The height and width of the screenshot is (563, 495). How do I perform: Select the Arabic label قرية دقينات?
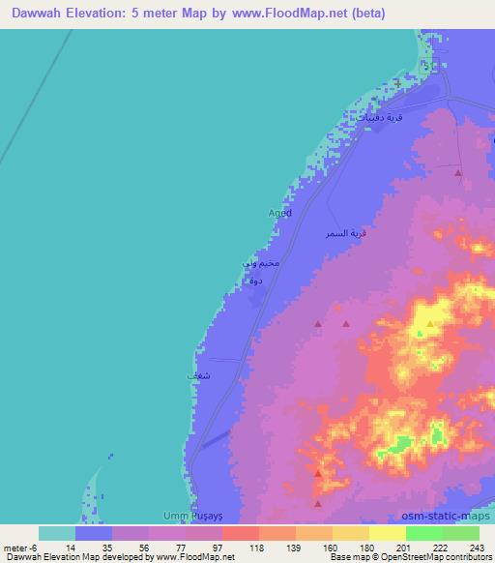[x=378, y=115]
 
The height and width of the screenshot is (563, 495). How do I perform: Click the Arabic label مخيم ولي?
[x=261, y=263]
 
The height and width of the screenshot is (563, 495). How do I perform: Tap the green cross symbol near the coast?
[x=396, y=84]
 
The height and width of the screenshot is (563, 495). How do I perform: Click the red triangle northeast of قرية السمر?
[x=458, y=172]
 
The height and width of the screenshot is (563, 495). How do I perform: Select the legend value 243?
[x=476, y=547]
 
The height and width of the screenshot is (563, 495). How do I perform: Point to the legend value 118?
[x=255, y=547]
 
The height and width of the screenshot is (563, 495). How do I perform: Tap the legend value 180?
[x=365, y=547]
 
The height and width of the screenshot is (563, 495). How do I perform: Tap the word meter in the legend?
[x=14, y=547]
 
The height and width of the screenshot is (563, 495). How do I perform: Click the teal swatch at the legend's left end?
[x=57, y=533]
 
